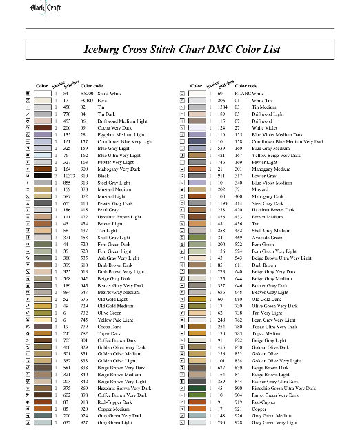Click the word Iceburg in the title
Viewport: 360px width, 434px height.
click(x=106, y=50)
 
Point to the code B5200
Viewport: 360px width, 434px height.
click(x=86, y=92)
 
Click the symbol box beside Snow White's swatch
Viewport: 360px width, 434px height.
click(x=27, y=92)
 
